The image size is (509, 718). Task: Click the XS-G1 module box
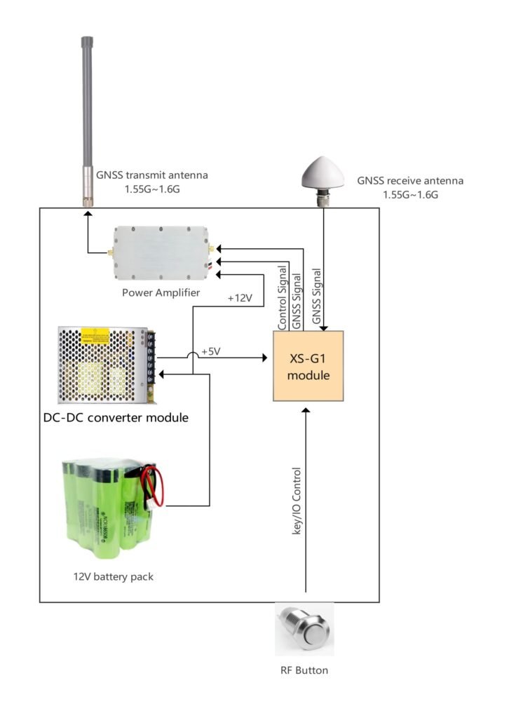click(308, 365)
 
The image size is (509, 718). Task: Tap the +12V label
click(239, 298)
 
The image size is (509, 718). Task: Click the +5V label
click(211, 351)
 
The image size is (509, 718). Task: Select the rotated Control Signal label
click(283, 298)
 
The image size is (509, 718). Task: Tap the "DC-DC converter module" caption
click(116, 419)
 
